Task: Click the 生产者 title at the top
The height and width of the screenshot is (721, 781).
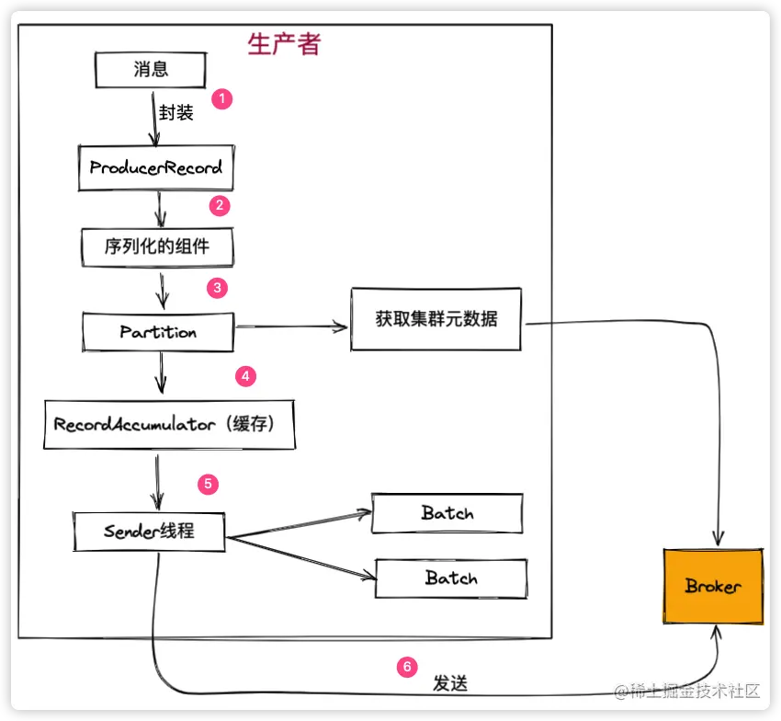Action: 284,43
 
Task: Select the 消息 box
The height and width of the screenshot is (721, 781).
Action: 151,69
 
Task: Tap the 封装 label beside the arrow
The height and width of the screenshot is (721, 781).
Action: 176,112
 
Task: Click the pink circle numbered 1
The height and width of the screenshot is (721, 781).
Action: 221,98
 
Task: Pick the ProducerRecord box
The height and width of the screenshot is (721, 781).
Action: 155,168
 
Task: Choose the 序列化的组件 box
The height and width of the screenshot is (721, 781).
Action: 155,246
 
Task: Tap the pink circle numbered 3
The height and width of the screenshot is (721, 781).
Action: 217,288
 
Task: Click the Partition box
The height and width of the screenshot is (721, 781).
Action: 158,331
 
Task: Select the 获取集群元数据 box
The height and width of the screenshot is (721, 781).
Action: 436,319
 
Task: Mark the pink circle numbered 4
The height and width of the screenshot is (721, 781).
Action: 244,376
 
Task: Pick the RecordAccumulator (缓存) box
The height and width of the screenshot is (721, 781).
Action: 170,424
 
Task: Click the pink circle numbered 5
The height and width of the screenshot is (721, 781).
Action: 209,483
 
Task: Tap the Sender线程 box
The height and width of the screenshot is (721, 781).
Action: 149,532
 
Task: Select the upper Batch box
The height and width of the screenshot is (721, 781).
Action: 447,513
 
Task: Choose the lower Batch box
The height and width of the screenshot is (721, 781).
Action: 451,578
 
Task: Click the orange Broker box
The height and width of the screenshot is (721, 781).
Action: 713,586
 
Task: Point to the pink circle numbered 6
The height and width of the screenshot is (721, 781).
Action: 407,667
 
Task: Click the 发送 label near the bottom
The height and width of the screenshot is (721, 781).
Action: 450,684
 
